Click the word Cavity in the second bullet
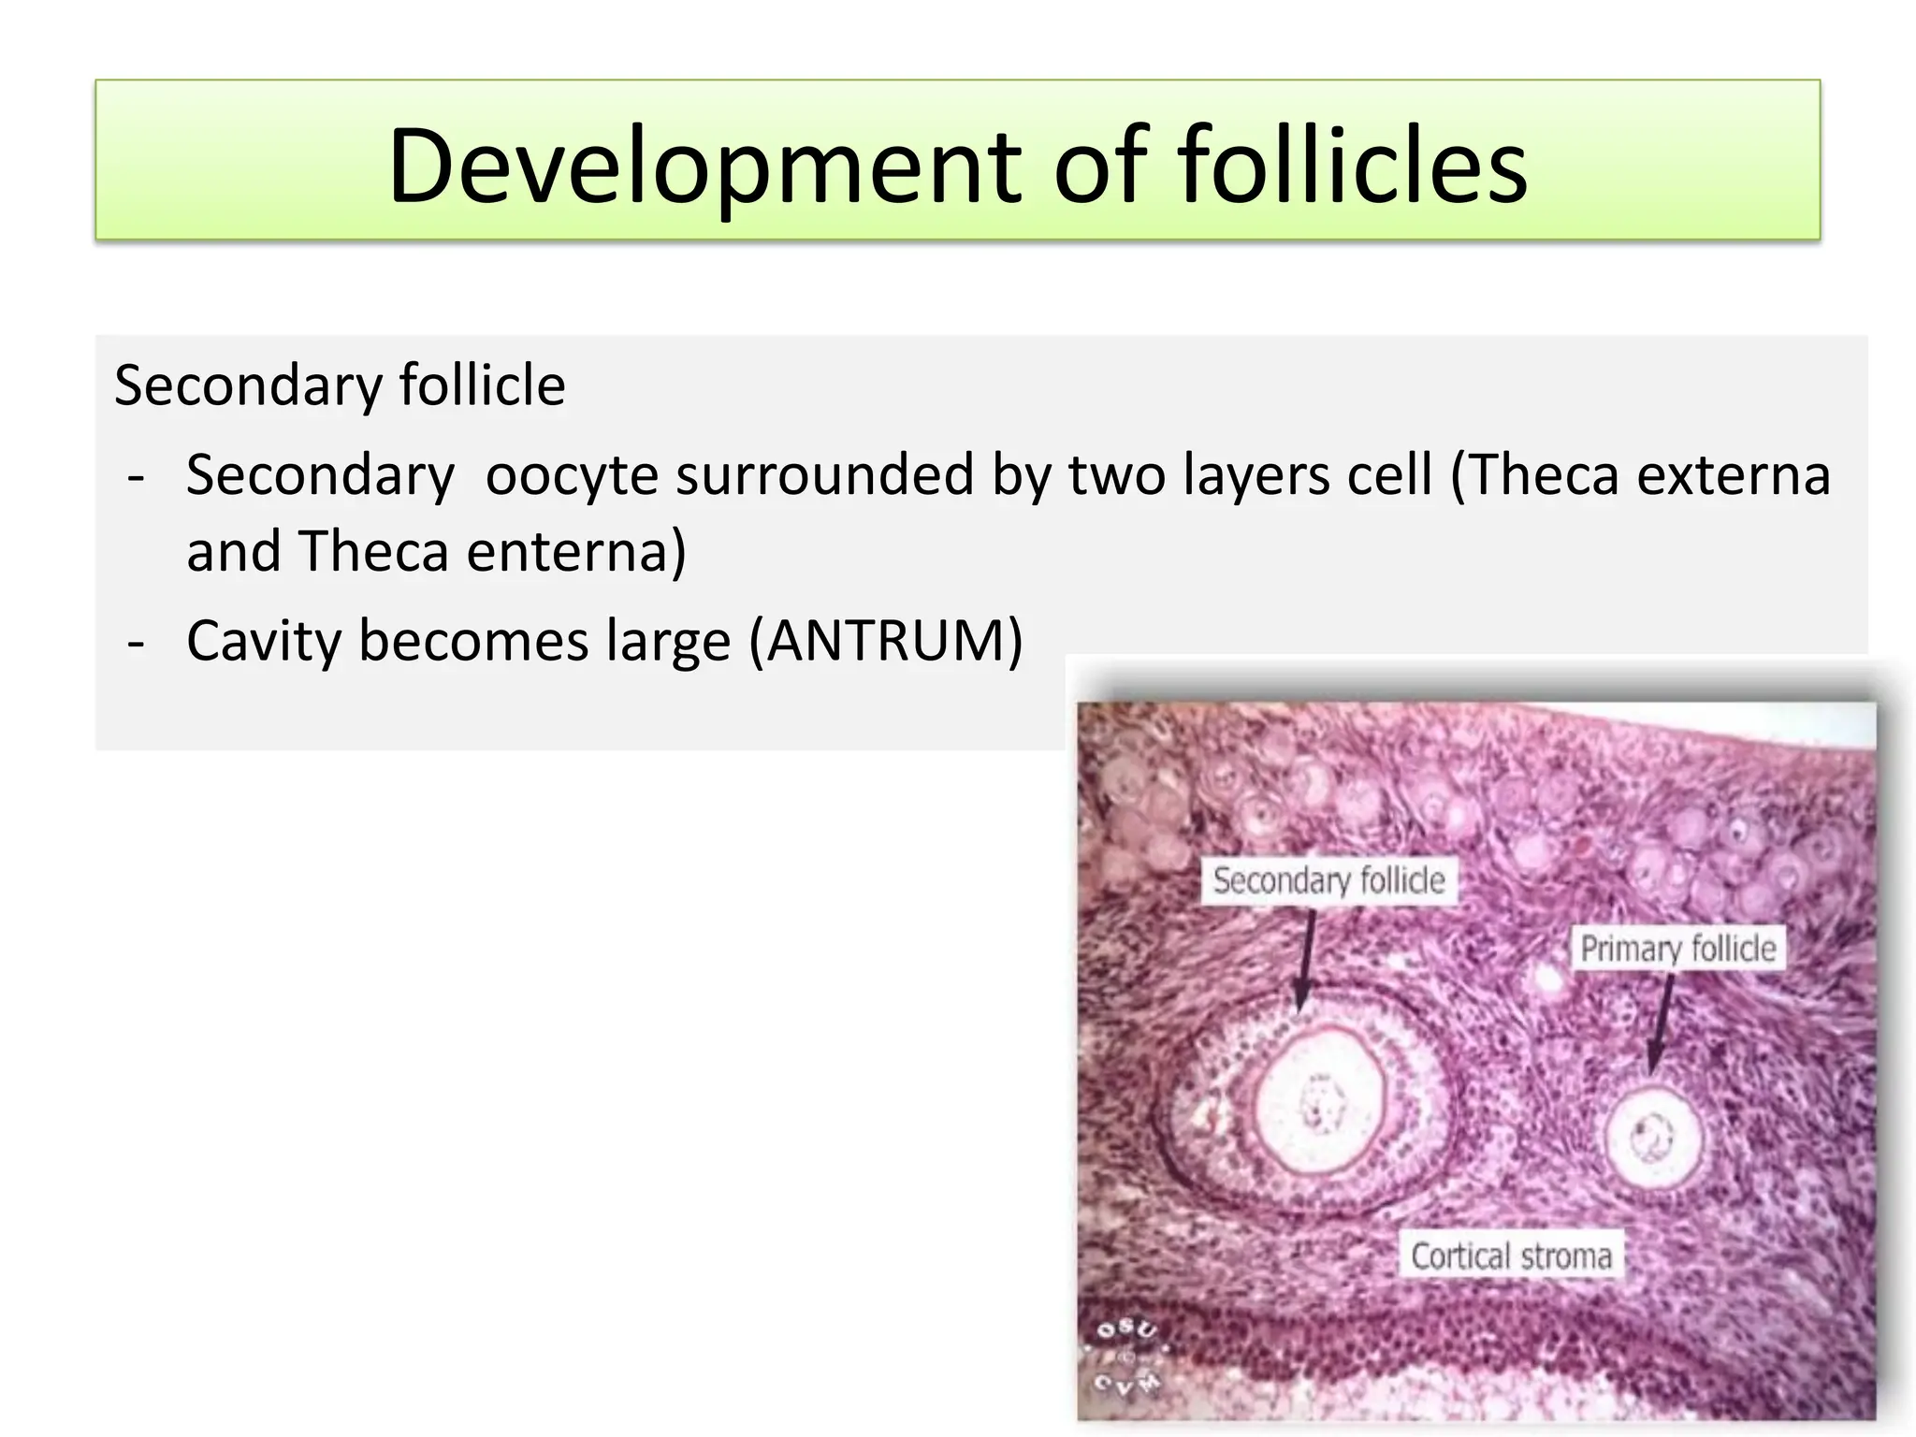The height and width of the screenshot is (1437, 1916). click(264, 643)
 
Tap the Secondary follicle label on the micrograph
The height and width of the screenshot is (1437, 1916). click(1328, 880)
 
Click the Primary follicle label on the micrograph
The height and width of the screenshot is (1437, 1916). click(1677, 948)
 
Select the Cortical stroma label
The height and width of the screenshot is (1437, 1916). click(1511, 1256)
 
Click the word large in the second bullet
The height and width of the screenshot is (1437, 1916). click(668, 643)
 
